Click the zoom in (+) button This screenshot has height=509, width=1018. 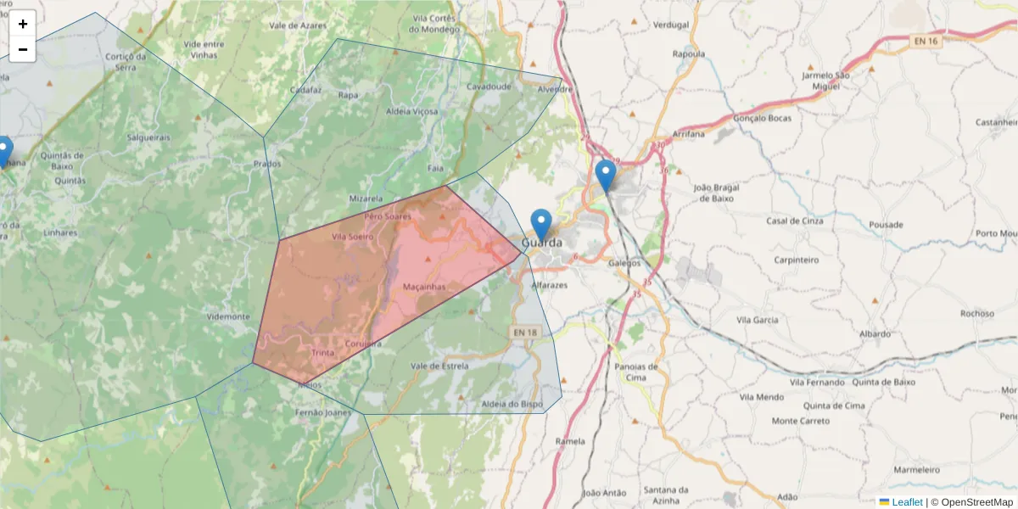[x=23, y=24]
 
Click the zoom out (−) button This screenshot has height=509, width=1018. [x=23, y=49]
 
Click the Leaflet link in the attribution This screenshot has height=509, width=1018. [x=907, y=502]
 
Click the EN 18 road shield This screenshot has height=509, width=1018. [x=524, y=332]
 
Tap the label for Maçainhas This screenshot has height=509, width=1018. [x=424, y=287]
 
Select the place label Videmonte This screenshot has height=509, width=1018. [x=228, y=316]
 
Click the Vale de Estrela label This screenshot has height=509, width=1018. [x=439, y=366]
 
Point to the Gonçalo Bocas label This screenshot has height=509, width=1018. [x=762, y=118]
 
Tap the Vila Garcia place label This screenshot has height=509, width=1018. [x=758, y=320]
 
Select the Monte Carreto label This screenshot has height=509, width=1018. [x=801, y=421]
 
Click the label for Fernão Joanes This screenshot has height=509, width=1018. [x=322, y=412]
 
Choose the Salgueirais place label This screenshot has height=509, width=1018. [x=148, y=137]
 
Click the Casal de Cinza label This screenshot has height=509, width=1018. [x=795, y=221]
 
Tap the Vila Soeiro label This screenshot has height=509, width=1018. [x=352, y=237]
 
